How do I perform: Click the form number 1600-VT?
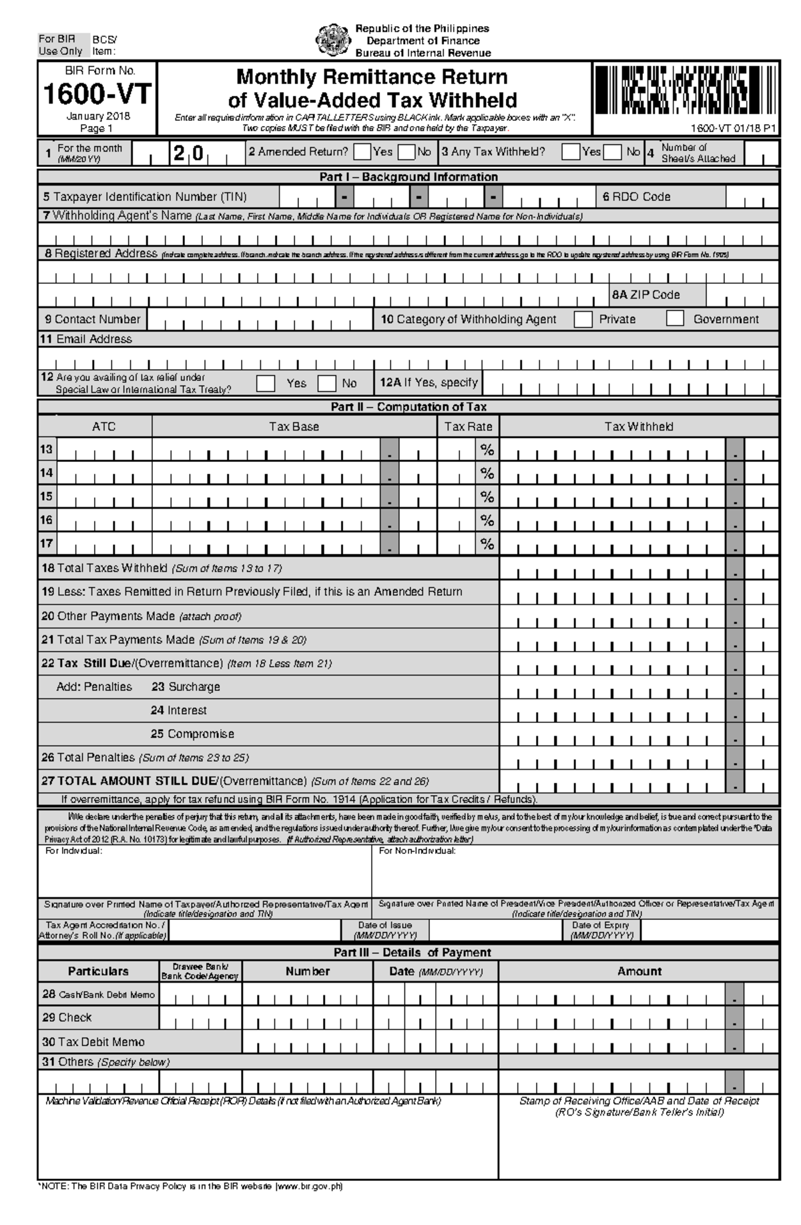pos(97,94)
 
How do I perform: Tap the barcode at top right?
pos(685,91)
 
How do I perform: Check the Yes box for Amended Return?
pos(362,152)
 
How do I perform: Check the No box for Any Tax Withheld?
pos(612,152)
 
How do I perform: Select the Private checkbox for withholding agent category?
pos(583,319)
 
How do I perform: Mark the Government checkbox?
pos(675,319)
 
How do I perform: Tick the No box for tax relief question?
pos(326,383)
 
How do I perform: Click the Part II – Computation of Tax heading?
pos(409,407)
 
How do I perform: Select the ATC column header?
pos(103,427)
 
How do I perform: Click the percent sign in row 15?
pos(487,497)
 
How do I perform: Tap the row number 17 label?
pos(46,543)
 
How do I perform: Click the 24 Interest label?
pos(179,710)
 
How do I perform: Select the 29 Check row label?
pos(67,1017)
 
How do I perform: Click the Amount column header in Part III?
pos(639,971)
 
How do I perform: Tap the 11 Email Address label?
pos(86,339)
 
